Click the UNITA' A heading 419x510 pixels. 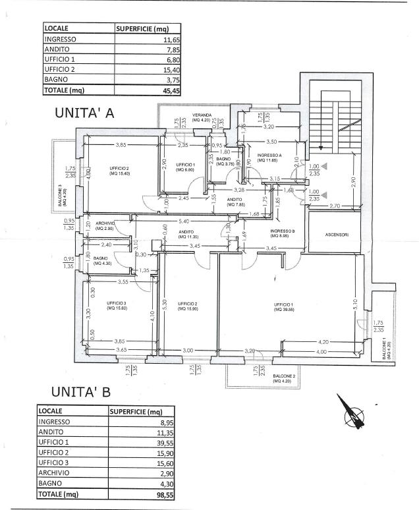[x=84, y=113]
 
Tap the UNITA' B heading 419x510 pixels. [x=80, y=393]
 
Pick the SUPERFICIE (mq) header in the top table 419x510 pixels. [x=144, y=29]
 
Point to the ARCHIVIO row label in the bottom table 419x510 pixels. [x=53, y=472]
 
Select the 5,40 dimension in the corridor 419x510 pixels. [x=184, y=221]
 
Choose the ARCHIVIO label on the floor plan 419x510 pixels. [x=105, y=223]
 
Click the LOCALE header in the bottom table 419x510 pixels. [x=52, y=411]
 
